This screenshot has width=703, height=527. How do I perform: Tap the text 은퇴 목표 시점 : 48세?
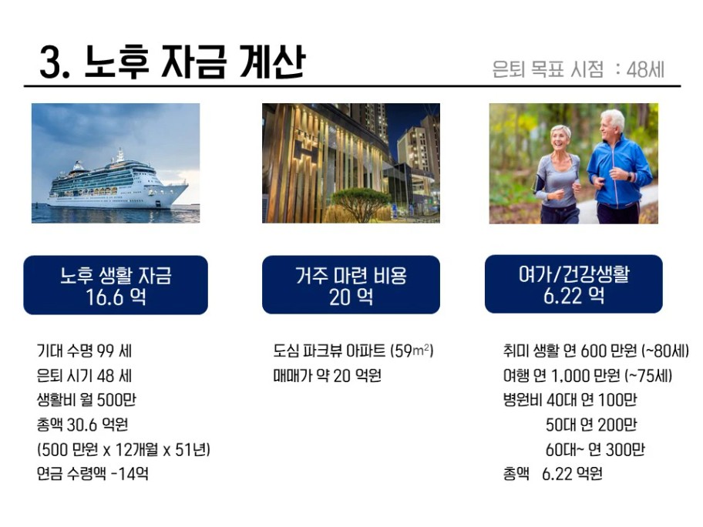point(578,69)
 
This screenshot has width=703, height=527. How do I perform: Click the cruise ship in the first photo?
point(117,183)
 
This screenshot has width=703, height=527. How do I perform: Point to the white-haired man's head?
point(613,123)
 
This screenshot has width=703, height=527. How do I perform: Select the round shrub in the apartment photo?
point(362,204)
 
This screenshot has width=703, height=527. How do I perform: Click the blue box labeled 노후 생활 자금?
point(116,285)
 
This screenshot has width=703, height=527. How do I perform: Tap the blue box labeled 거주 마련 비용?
point(351,284)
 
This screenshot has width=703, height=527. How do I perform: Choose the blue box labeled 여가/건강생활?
point(573,284)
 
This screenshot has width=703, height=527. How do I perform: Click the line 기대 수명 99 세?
point(84,351)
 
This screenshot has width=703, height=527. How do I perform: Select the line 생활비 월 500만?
point(86,400)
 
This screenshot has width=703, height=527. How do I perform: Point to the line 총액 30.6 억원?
point(82,425)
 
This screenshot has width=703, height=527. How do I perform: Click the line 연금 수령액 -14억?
point(92,474)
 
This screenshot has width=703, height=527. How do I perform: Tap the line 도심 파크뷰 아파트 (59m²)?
point(353,351)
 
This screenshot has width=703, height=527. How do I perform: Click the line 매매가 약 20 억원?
point(328,375)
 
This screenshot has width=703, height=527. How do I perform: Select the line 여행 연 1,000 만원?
point(587,375)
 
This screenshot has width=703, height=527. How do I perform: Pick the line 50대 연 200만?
point(591,425)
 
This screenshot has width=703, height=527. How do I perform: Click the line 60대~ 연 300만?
point(595,449)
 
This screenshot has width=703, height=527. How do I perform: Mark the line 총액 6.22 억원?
point(553,474)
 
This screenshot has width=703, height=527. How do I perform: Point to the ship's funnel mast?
point(120,155)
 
